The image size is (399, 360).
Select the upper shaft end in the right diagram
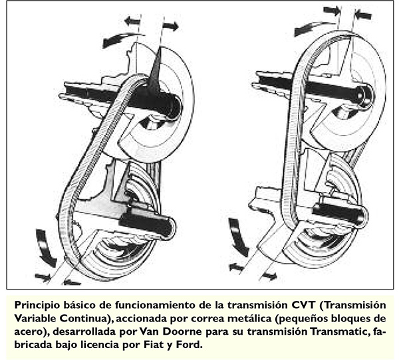point(366,97)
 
